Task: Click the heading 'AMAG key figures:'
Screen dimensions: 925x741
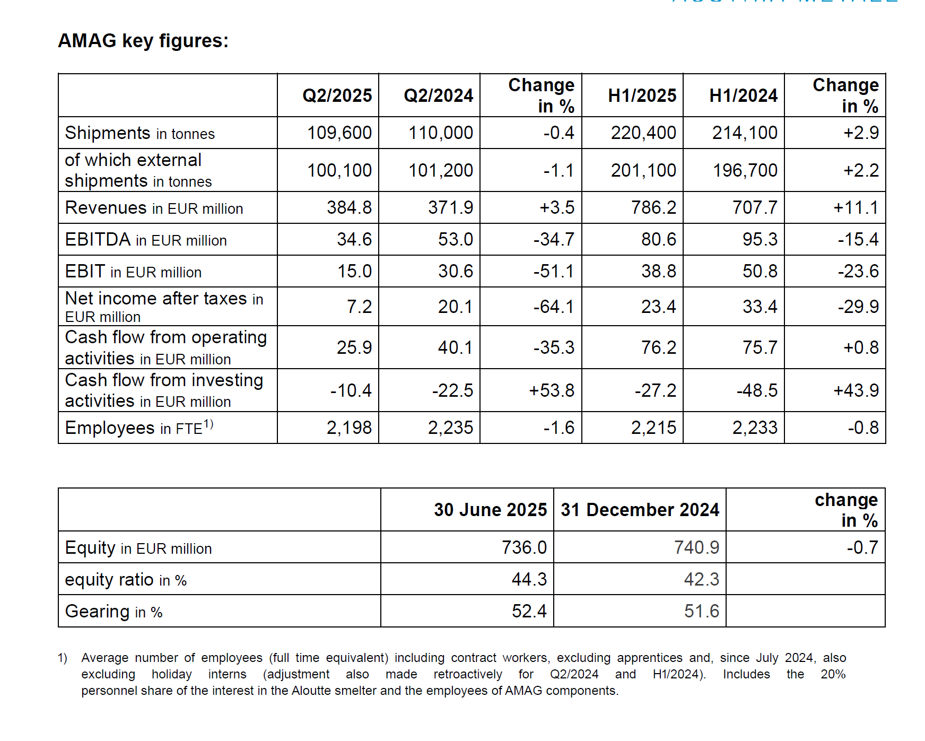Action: point(143,41)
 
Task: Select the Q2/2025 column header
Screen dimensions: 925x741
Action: point(337,95)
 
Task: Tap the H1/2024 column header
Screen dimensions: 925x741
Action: point(744,95)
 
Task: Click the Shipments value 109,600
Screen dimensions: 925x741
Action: point(339,133)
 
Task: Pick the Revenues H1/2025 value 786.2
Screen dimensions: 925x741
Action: point(654,207)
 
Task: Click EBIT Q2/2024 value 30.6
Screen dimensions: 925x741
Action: point(456,271)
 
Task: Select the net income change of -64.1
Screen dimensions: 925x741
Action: point(554,307)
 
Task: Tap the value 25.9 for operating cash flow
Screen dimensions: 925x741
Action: point(354,347)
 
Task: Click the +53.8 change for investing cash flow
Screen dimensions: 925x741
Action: point(552,390)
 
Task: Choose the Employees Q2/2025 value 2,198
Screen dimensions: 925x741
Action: point(349,428)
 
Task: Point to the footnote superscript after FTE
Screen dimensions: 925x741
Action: point(208,423)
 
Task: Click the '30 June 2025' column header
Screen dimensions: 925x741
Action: point(491,510)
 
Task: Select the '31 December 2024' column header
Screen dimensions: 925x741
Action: point(640,510)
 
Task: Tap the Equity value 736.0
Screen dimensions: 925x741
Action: point(524,547)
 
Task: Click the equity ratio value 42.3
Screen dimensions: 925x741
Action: point(702,579)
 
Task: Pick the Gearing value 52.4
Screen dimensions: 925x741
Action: point(529,611)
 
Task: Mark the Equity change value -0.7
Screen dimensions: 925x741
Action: point(862,547)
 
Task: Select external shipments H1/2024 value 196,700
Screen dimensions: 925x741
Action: point(745,170)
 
